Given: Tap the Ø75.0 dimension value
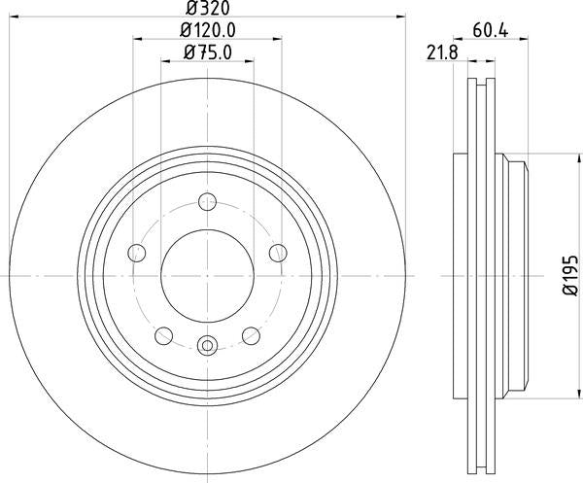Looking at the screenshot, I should coord(207,53).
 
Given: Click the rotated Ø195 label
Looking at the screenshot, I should coord(568,273).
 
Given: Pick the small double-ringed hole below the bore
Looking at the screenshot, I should coord(206,344).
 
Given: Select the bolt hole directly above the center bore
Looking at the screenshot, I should coord(206,202).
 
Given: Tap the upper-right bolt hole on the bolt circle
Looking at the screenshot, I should coord(277,253).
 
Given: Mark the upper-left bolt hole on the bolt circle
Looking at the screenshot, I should coord(136,253).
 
